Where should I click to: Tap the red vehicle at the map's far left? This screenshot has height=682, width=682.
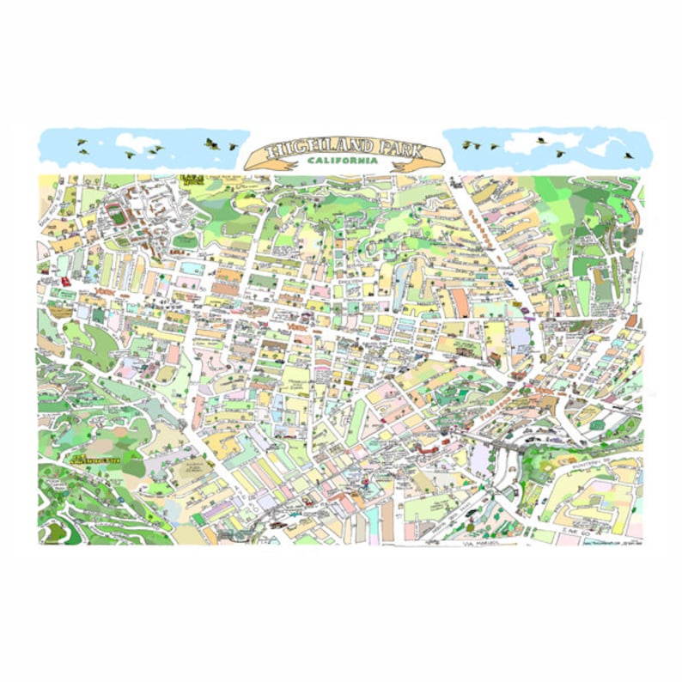click(65, 281)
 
